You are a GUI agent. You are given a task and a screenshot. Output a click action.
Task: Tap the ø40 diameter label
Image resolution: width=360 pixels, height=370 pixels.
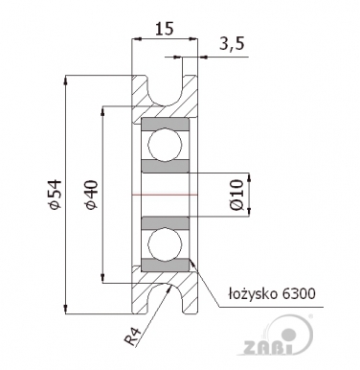89,196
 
